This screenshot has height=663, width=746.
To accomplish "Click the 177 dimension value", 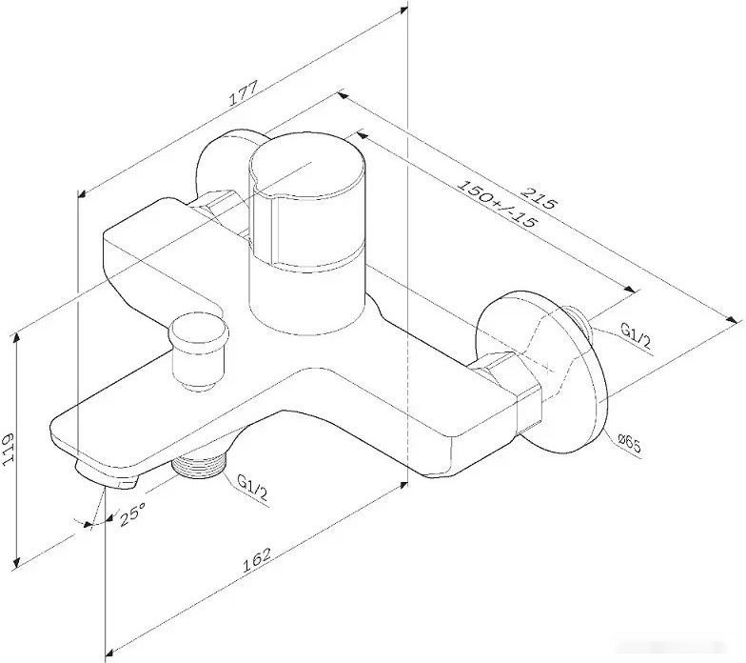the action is pyautogui.click(x=244, y=93).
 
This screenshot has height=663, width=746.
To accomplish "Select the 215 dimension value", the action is pyautogui.click(x=539, y=198).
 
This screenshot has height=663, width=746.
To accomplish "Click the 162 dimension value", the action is pyautogui.click(x=257, y=560).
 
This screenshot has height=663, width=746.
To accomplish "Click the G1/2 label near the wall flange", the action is pyautogui.click(x=636, y=335).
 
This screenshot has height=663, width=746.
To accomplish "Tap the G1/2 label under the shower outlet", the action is pyautogui.click(x=252, y=490).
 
